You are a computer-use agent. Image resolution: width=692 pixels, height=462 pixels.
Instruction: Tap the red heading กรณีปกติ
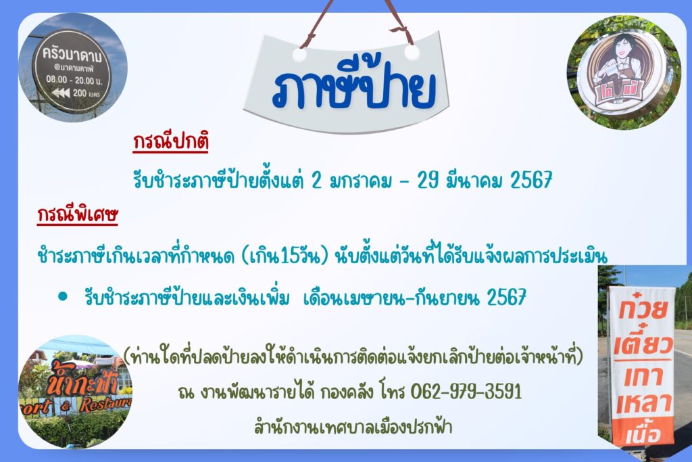point(170,142)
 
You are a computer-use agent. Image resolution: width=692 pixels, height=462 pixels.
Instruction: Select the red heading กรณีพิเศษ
point(77,214)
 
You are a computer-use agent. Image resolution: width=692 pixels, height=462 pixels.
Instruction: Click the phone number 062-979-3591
point(466,392)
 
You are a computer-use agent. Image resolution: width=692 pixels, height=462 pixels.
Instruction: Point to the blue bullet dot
point(63,296)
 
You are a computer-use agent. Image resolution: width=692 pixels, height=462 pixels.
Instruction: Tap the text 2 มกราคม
point(351,180)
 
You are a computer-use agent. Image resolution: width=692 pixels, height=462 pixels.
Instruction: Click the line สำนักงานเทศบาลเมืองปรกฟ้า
point(353,427)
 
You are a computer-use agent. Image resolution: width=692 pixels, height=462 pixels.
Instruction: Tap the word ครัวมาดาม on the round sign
point(72,55)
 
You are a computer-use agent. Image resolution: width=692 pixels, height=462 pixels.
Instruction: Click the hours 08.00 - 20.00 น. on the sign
point(74,80)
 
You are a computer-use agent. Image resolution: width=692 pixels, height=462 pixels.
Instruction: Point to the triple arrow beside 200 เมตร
point(61,93)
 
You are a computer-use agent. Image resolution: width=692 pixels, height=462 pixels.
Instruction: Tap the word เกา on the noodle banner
point(643,376)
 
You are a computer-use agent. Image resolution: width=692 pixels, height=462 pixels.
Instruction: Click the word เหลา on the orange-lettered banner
point(644,404)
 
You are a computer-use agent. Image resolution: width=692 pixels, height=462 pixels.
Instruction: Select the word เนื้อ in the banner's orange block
point(643,434)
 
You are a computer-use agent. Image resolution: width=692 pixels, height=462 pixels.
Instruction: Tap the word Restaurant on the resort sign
point(106,404)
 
